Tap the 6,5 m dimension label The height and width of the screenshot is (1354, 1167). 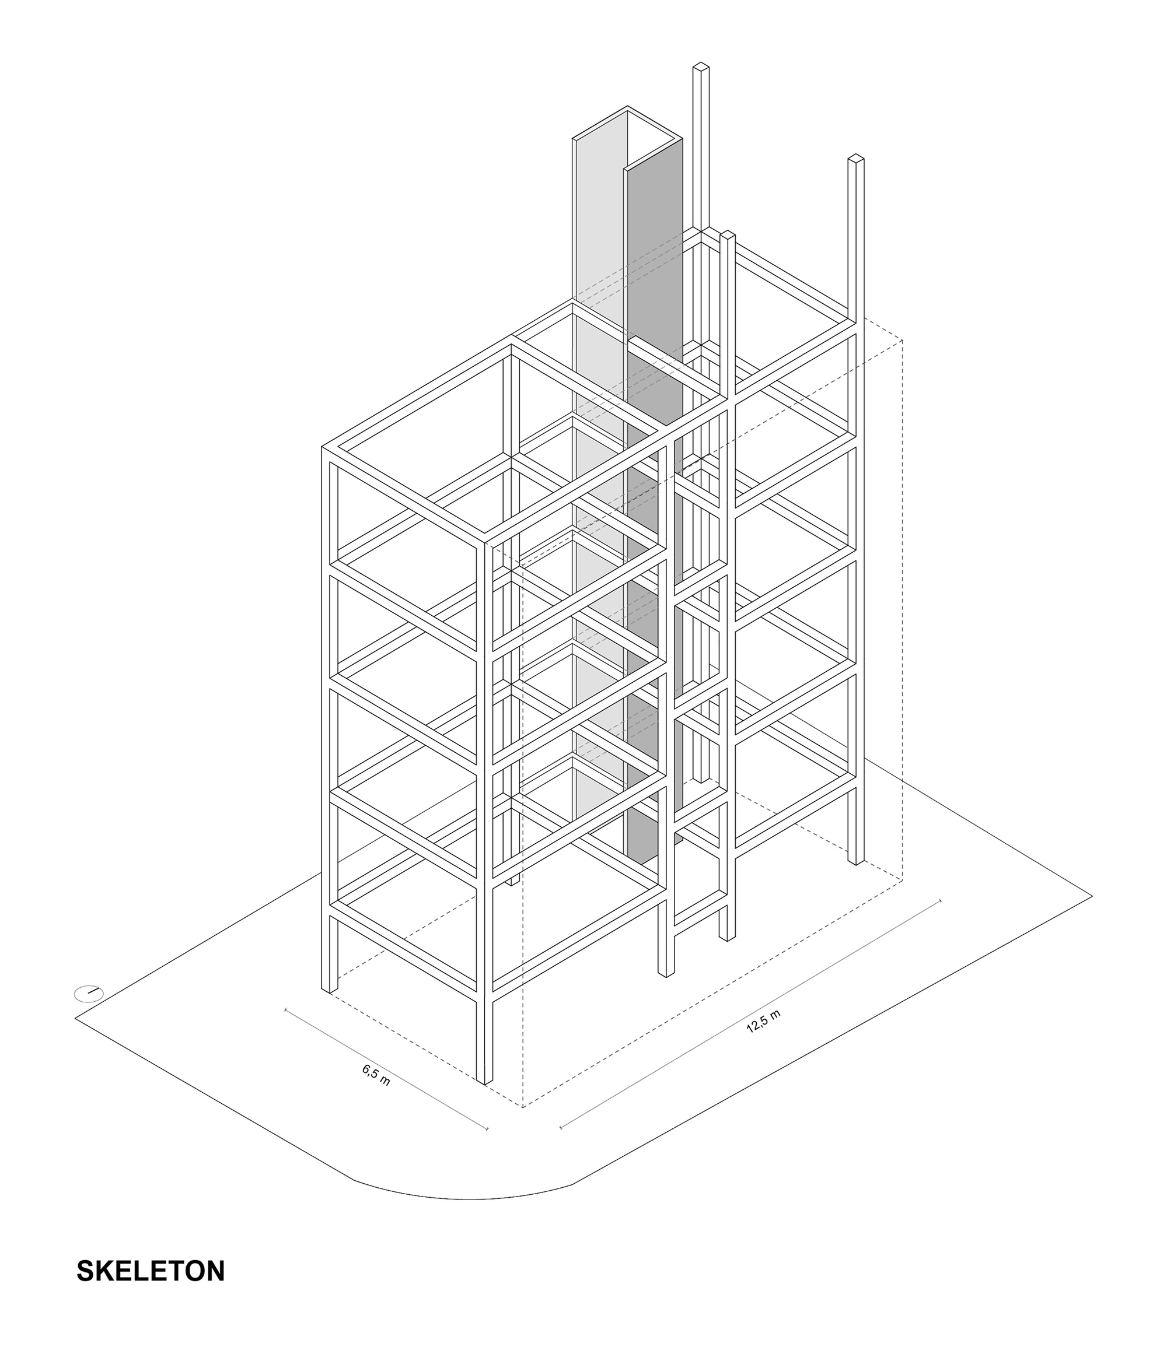point(376,1075)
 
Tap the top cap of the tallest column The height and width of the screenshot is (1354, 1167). point(701,66)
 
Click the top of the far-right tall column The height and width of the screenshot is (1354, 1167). point(856,157)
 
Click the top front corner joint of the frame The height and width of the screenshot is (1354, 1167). point(485,541)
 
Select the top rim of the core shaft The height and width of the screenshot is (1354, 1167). point(628,124)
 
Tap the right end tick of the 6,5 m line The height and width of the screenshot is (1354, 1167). point(488,1128)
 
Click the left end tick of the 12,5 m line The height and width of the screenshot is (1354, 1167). point(561,1127)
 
